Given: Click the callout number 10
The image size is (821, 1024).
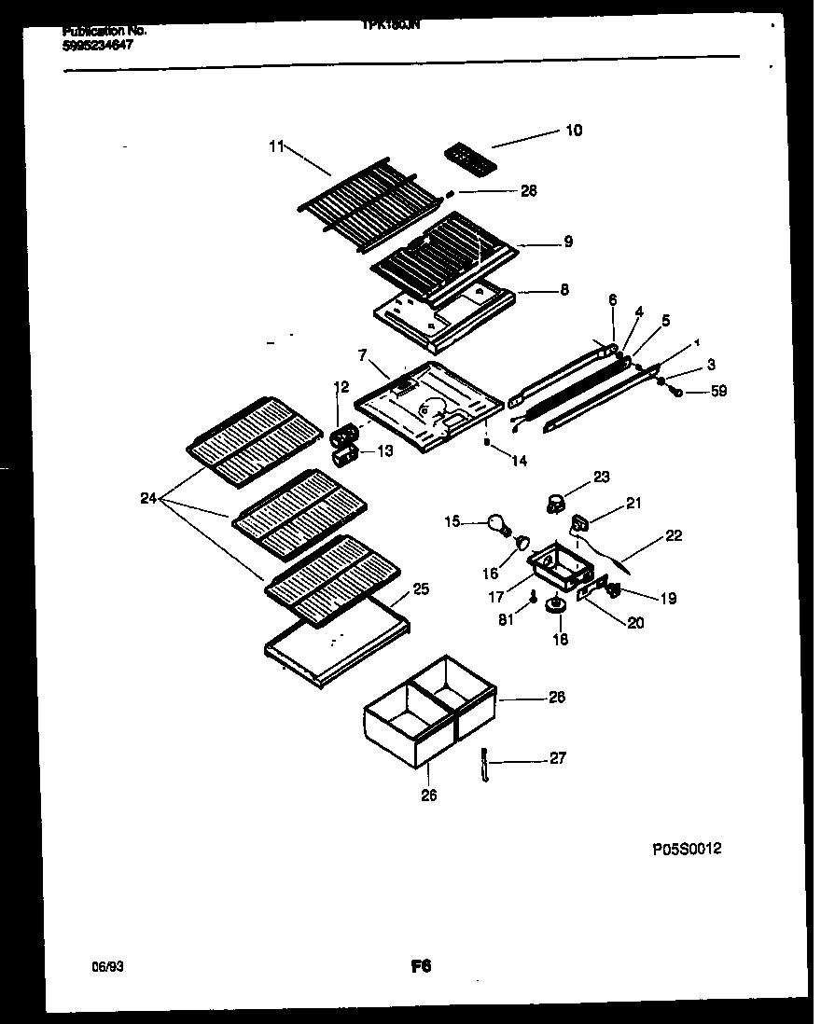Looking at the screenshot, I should pyautogui.click(x=574, y=131).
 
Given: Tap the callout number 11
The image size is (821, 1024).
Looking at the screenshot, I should pyautogui.click(x=275, y=145).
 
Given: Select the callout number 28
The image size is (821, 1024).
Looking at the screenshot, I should pyautogui.click(x=529, y=191).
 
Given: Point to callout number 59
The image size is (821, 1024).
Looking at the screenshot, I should pyautogui.click(x=717, y=392).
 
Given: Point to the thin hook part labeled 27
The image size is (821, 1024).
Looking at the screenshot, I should pyautogui.click(x=485, y=766).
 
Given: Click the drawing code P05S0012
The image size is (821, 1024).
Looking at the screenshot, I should pyautogui.click(x=687, y=849).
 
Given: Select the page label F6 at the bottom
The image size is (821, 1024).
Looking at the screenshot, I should pyautogui.click(x=420, y=967).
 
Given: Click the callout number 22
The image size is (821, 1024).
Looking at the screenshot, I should pyautogui.click(x=674, y=536).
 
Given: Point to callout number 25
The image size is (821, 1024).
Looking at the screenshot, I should pyautogui.click(x=421, y=588).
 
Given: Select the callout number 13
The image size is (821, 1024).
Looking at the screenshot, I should pyautogui.click(x=385, y=450).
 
